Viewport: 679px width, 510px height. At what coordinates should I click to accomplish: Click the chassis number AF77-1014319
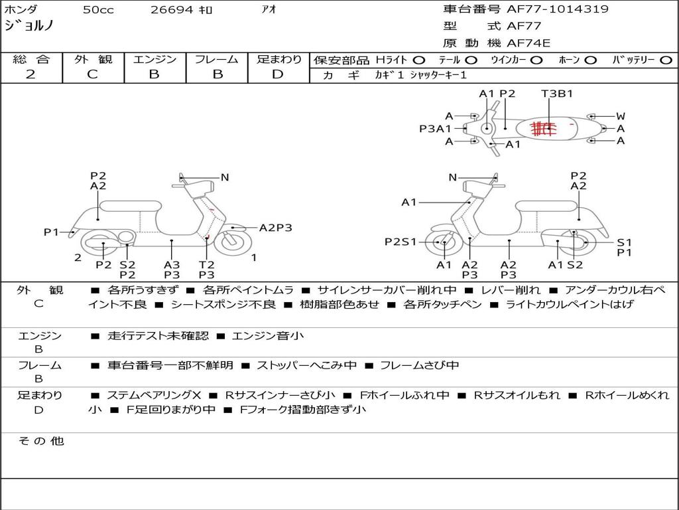coord(558,9)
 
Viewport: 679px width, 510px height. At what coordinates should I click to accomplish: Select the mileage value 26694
coord(172,10)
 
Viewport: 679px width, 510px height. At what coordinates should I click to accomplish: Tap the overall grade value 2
coord(31,74)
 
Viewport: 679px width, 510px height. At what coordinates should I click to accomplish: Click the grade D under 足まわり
coord(278,74)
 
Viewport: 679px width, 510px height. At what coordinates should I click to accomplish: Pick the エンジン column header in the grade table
coord(154,59)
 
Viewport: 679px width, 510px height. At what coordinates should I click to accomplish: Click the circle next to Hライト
coord(419,60)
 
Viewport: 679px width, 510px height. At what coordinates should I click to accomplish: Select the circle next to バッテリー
coord(666,60)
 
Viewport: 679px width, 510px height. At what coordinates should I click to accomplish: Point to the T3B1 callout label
coord(557,94)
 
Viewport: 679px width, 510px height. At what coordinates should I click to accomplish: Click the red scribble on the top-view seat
coord(543,128)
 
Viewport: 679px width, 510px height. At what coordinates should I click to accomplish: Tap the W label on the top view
coord(621,116)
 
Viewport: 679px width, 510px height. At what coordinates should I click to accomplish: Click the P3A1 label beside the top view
coord(435,129)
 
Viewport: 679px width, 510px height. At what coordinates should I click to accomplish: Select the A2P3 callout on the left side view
coord(275,228)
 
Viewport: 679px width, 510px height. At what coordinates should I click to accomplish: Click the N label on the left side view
coord(225,177)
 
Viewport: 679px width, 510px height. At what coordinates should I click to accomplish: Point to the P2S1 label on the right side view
coord(401,242)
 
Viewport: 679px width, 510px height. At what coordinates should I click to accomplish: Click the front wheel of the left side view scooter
coord(233,243)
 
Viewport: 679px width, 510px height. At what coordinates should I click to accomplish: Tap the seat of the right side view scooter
coord(546,206)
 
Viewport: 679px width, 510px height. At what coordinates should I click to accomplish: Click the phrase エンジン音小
coord(268,335)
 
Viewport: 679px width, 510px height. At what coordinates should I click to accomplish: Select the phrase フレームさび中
coord(419,366)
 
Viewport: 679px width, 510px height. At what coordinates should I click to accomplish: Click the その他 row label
coord(40,441)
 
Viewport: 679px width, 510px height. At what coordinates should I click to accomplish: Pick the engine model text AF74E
coord(528,43)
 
